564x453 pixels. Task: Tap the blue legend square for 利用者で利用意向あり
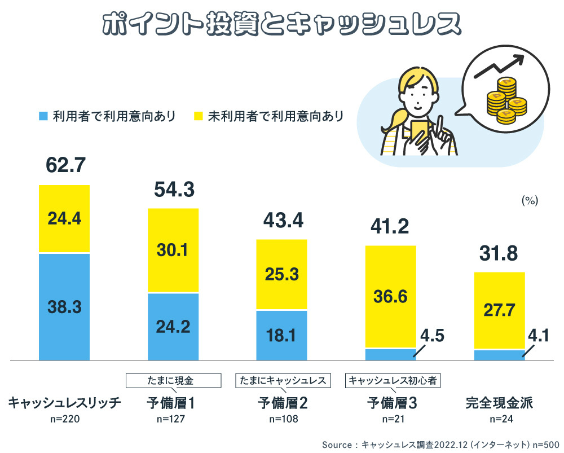[x=42, y=116]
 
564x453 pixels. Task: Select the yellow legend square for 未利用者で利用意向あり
[x=198, y=116]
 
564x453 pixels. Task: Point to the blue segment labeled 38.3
[x=64, y=306]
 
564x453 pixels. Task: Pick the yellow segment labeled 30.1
[x=173, y=250]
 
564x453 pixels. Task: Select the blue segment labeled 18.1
[x=281, y=335]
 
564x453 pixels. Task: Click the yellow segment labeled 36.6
[x=390, y=296]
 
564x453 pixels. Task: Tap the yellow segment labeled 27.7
[x=499, y=310]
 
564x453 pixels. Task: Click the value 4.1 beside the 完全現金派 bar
[x=539, y=337]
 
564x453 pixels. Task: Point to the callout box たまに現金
[x=173, y=380]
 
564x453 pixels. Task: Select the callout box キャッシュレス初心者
[x=393, y=380]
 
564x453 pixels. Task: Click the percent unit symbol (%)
[x=530, y=200]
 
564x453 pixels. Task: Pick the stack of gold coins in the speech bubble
[x=506, y=100]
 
